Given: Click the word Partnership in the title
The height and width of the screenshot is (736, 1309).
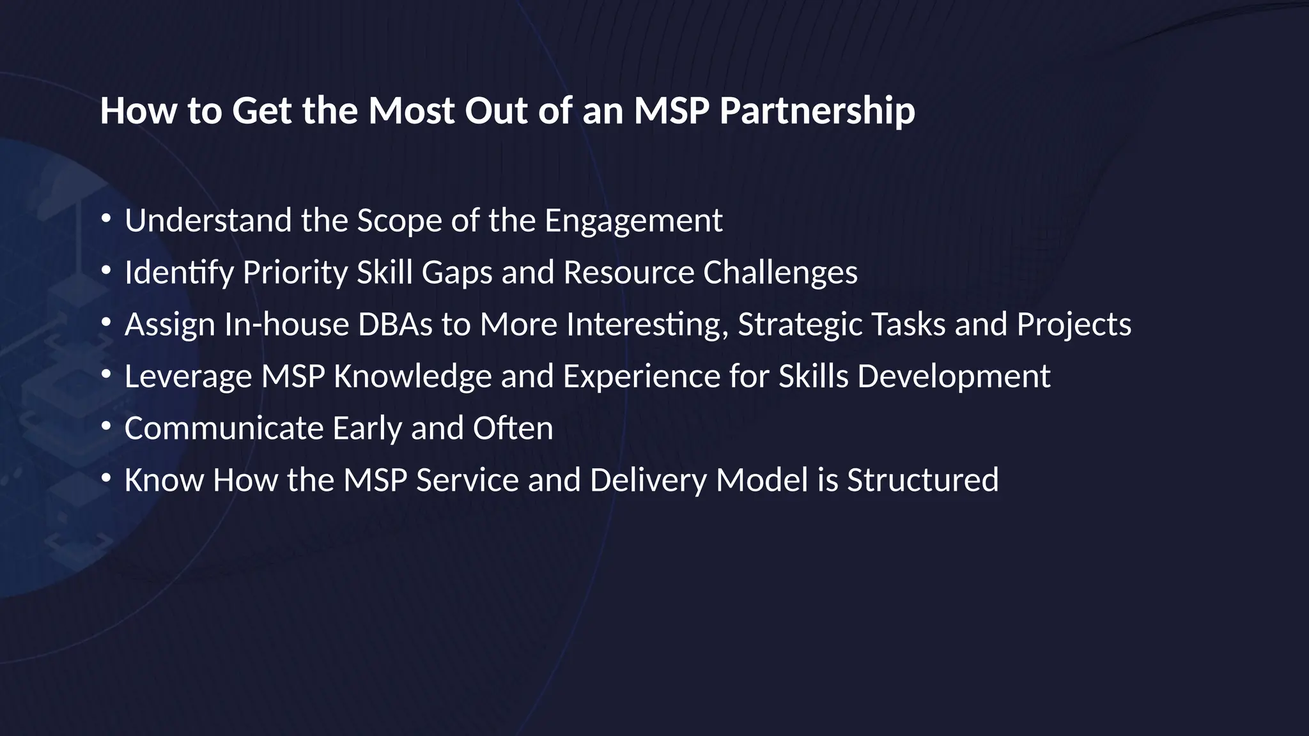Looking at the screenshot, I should (x=817, y=111).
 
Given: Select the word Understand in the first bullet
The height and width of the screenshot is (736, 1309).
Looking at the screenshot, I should (x=208, y=220).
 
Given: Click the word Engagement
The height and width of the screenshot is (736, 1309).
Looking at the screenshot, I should (x=633, y=222).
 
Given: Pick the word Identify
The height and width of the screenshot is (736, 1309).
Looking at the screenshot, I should (x=179, y=273).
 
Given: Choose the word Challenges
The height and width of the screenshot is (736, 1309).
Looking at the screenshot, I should (x=780, y=273).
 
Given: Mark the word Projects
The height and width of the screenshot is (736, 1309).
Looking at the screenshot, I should (x=1074, y=325).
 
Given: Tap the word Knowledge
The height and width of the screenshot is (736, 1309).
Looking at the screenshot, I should (x=412, y=376).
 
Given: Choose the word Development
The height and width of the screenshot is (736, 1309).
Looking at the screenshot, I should (x=954, y=376).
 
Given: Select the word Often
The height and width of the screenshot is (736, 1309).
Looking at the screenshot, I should (x=513, y=428).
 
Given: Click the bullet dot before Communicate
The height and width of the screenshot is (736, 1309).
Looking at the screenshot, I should (x=106, y=425).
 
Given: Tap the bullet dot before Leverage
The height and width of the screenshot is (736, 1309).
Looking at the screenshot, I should (x=106, y=374).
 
